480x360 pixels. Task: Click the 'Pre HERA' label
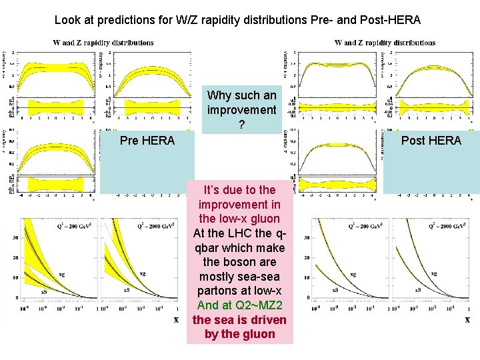147,141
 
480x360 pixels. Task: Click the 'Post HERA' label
431,141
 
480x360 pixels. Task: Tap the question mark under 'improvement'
241,124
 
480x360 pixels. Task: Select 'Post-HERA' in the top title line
391,21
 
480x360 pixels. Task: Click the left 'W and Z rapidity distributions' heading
103,43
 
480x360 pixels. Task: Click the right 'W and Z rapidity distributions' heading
385,43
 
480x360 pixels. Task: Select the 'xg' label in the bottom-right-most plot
434,273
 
